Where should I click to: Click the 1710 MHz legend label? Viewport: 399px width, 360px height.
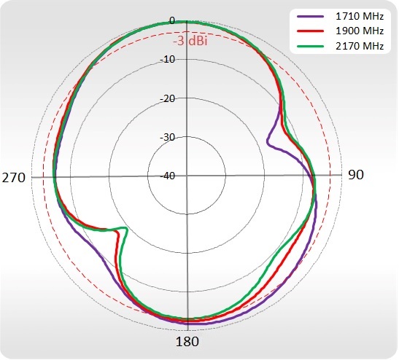click(x=360, y=16)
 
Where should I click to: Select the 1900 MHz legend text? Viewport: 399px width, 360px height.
click(x=360, y=31)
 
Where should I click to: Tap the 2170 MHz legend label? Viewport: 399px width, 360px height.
click(x=360, y=46)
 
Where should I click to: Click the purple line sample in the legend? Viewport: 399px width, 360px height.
click(x=310, y=16)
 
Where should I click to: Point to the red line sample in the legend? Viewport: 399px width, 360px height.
click(x=310, y=31)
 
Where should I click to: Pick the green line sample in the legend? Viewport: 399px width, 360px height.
click(x=310, y=46)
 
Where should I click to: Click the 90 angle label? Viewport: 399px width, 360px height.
click(x=356, y=175)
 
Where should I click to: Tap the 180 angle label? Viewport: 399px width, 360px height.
click(x=187, y=342)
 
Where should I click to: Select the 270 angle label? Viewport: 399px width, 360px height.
click(x=14, y=178)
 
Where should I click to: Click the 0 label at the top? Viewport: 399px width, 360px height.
click(x=172, y=20)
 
